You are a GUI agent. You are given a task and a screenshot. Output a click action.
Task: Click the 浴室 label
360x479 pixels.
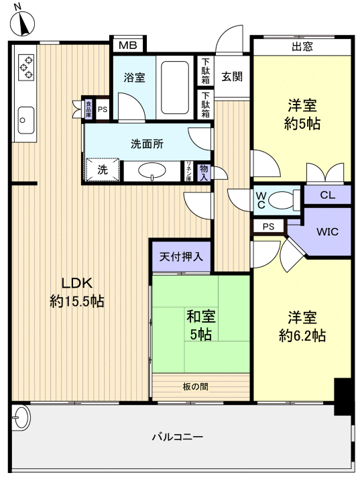(134, 77)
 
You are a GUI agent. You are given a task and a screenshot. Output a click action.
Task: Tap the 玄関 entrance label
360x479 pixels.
(232, 76)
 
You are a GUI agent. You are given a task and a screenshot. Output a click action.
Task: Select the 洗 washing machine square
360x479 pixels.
(103, 170)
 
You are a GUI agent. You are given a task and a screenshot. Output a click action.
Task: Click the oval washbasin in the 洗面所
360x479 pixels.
(155, 172)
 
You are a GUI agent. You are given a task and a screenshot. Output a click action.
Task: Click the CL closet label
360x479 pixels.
(327, 195)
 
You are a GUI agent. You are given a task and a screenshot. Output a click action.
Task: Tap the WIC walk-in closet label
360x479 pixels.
(327, 232)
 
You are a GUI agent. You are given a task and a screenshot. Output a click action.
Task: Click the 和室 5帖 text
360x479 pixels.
(200, 325)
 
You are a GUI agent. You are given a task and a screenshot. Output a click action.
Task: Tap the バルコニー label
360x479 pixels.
(177, 437)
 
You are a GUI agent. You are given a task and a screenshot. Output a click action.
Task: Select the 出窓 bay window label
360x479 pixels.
(303, 46)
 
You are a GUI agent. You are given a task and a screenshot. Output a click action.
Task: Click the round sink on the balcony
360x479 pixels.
(21, 419)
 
